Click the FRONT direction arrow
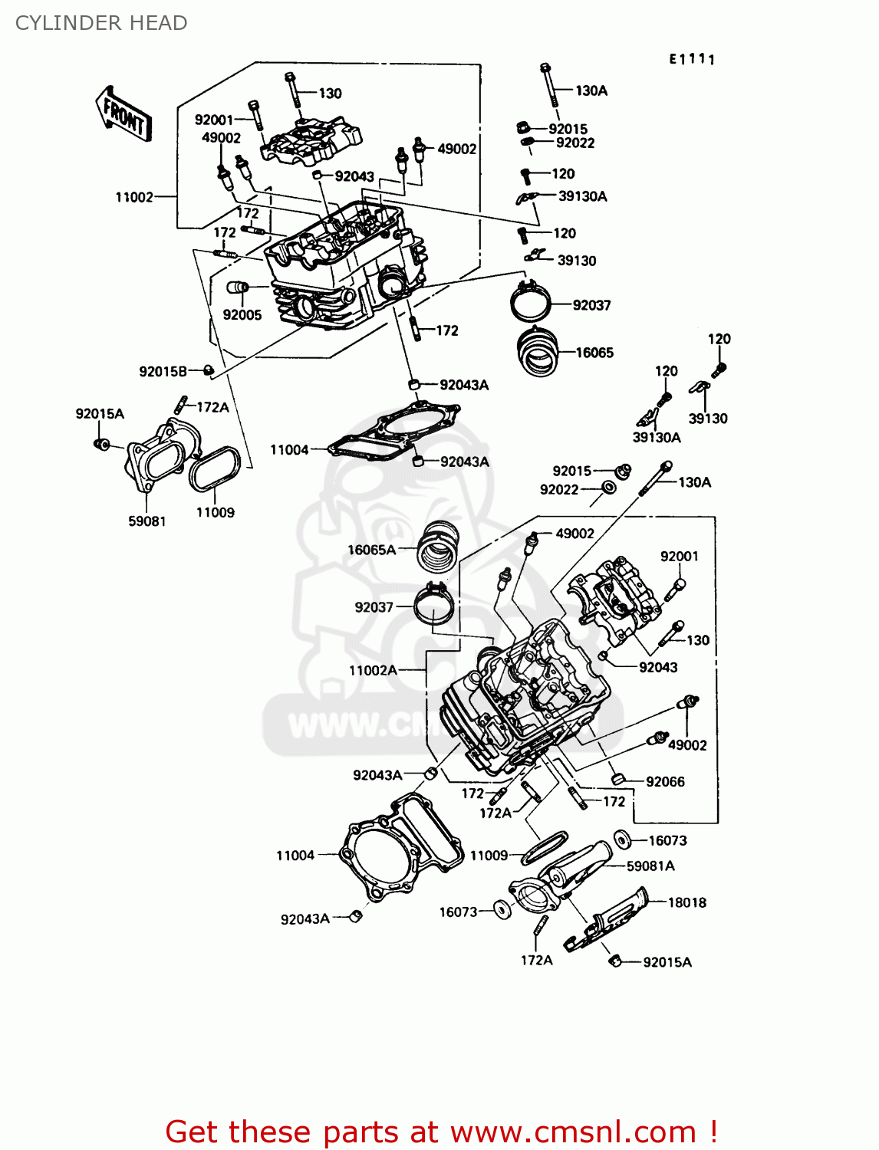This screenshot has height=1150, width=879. pos(123,114)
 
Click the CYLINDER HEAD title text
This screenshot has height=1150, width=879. pos(101,23)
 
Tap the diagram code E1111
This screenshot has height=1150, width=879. pos(692,60)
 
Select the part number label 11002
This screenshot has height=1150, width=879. pos(134,197)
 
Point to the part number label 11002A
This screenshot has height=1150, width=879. pos(373,670)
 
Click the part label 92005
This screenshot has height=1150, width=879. pos(242,314)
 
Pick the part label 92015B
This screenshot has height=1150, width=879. pos(163,371)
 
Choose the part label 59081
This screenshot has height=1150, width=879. pos(146,521)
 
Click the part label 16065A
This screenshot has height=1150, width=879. pos(371,550)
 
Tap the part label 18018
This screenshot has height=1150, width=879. pos(686,902)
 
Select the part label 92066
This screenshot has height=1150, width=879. pos(665,781)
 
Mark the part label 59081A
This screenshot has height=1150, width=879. pos(650,866)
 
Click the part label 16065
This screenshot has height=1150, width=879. pos(594,353)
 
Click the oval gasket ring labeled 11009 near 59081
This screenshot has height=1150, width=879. pos(215,469)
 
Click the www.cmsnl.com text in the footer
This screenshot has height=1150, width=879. pos(573,1132)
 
